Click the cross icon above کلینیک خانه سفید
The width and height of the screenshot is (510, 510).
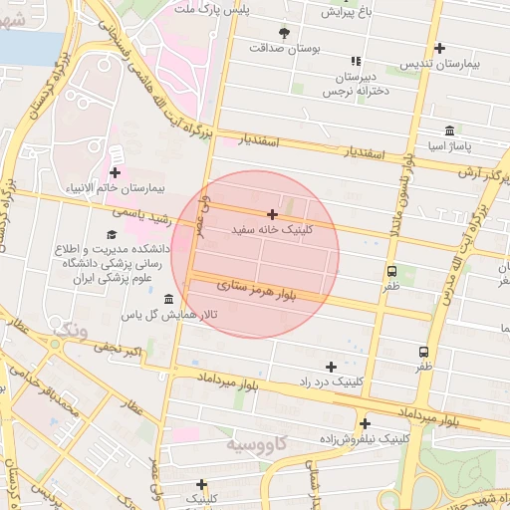click(x=272, y=214)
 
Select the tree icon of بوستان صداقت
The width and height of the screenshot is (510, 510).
click(x=285, y=32)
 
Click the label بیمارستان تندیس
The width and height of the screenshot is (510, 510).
click(x=439, y=64)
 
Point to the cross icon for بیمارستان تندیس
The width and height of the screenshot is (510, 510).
click(x=439, y=48)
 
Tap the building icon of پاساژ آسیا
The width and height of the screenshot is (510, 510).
click(x=450, y=130)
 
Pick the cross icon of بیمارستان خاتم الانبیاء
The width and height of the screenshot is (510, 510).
click(x=115, y=173)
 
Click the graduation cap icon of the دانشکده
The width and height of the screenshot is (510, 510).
click(x=111, y=235)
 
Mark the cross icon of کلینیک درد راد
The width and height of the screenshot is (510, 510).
click(x=332, y=367)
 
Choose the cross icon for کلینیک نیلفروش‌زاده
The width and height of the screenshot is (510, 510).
click(x=366, y=423)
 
